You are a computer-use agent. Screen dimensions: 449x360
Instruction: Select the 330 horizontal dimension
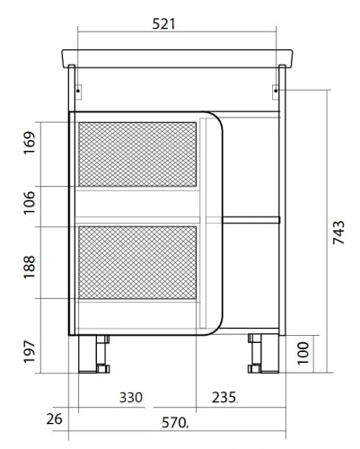click(134, 397)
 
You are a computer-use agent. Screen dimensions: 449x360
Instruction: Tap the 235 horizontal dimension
click(224, 397)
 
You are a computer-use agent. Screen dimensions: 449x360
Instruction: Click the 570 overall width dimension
click(176, 422)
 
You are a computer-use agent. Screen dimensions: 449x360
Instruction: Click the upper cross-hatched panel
click(136, 153)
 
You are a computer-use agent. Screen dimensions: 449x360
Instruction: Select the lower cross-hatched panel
click(136, 262)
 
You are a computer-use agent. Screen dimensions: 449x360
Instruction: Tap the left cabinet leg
click(93, 354)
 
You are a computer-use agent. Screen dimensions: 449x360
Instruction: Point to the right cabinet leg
click(259, 354)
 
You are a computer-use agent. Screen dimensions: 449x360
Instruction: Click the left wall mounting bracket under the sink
click(79, 90)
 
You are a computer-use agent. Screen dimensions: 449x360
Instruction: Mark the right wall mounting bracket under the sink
click(277, 90)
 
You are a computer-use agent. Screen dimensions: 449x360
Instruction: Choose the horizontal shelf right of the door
click(251, 219)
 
